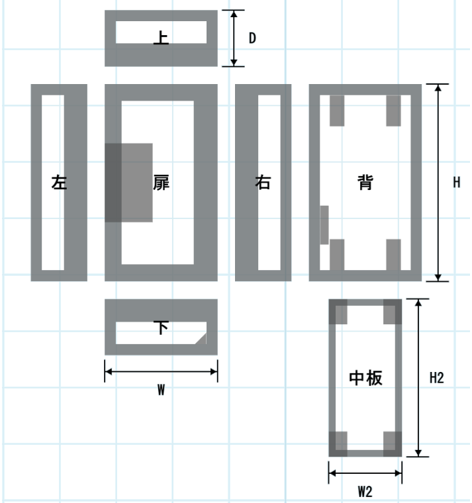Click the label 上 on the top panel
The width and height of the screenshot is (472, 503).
point(161,38)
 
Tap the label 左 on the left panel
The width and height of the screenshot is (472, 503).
point(59,182)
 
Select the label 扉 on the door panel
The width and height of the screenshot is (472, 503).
point(161,183)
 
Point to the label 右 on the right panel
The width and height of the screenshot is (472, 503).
point(263,182)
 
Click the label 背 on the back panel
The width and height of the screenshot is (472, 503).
point(365,182)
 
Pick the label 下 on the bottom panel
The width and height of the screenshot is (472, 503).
point(161,328)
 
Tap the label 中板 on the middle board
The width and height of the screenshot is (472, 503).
point(365,378)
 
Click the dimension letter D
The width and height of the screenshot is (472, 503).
point(252,38)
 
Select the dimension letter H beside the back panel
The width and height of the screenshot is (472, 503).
point(457,183)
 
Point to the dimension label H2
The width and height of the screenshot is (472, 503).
point(437,378)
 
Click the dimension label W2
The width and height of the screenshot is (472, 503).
point(365,492)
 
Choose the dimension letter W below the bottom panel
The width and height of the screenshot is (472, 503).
point(161,390)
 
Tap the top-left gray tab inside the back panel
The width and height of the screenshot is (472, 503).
point(337,111)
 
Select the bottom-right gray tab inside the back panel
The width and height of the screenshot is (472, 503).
point(393,255)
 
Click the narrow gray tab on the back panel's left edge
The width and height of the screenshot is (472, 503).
point(324,225)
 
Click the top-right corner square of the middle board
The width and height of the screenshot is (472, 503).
point(393,312)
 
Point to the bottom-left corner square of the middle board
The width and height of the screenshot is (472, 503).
point(338,444)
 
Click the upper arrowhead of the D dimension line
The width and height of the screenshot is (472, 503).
point(234,13)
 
